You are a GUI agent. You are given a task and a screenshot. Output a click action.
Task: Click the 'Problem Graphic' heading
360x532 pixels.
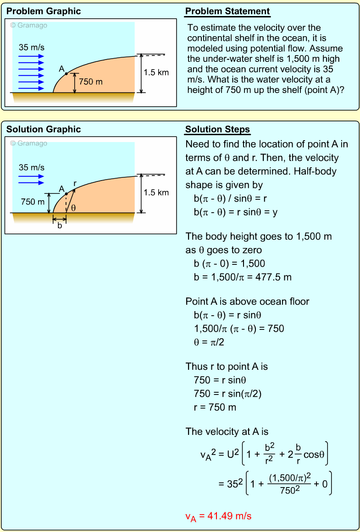point(44,11)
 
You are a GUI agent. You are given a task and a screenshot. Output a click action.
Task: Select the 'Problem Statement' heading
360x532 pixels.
point(227,11)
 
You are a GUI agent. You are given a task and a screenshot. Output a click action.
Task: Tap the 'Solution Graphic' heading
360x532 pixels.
point(44,129)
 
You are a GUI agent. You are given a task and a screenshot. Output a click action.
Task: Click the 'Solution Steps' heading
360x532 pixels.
point(217,130)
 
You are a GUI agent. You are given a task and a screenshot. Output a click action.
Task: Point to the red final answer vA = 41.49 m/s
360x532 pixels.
point(218,516)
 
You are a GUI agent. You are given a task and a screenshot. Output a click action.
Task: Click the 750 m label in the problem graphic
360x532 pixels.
point(91,82)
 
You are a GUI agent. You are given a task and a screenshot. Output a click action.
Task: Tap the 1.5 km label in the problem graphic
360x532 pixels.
point(156,72)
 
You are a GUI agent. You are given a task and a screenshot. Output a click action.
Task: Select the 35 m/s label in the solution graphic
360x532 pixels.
point(32,167)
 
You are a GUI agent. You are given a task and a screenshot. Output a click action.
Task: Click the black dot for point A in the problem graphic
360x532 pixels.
point(66,73)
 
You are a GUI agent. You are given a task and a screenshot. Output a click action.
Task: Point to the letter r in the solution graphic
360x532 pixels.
point(75,184)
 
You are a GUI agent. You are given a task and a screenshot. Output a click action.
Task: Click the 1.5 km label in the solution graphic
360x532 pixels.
point(156,192)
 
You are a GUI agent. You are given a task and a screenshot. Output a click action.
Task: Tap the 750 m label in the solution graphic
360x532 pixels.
point(33,202)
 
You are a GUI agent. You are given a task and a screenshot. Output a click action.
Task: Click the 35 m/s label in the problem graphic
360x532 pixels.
point(32,47)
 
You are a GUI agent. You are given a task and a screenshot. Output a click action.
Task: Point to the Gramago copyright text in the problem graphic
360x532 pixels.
point(29,26)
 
